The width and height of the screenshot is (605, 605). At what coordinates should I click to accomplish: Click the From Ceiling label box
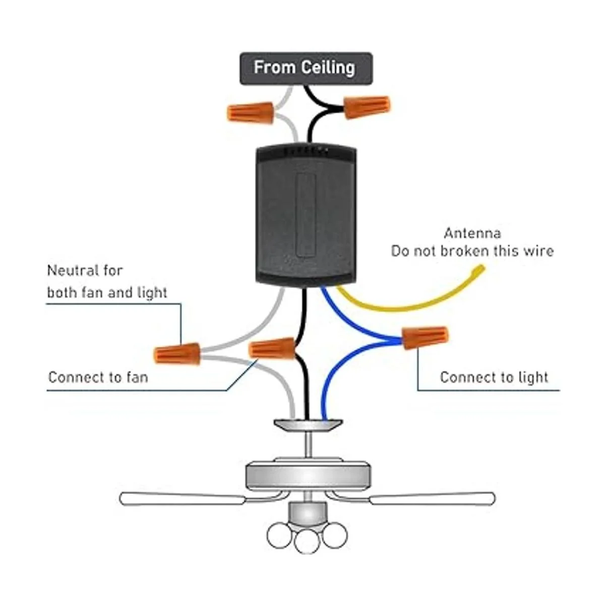tap(306, 68)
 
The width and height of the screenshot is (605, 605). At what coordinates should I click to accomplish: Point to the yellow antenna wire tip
tap(476, 273)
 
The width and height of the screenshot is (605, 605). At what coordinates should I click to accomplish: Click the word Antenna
tap(472, 233)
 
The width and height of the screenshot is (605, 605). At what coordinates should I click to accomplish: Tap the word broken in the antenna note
tap(472, 251)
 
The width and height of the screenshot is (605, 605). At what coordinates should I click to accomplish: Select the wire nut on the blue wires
tap(425, 337)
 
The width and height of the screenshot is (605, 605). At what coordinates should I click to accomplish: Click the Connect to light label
tap(494, 377)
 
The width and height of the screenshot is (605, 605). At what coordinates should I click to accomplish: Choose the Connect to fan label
tap(98, 377)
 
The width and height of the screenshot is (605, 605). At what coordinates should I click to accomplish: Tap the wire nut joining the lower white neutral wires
tap(177, 352)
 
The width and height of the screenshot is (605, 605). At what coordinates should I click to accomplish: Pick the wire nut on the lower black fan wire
tap(272, 348)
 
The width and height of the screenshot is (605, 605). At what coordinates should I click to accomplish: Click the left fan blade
tap(181, 499)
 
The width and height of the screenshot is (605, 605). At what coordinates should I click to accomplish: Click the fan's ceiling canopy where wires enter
tap(308, 425)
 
